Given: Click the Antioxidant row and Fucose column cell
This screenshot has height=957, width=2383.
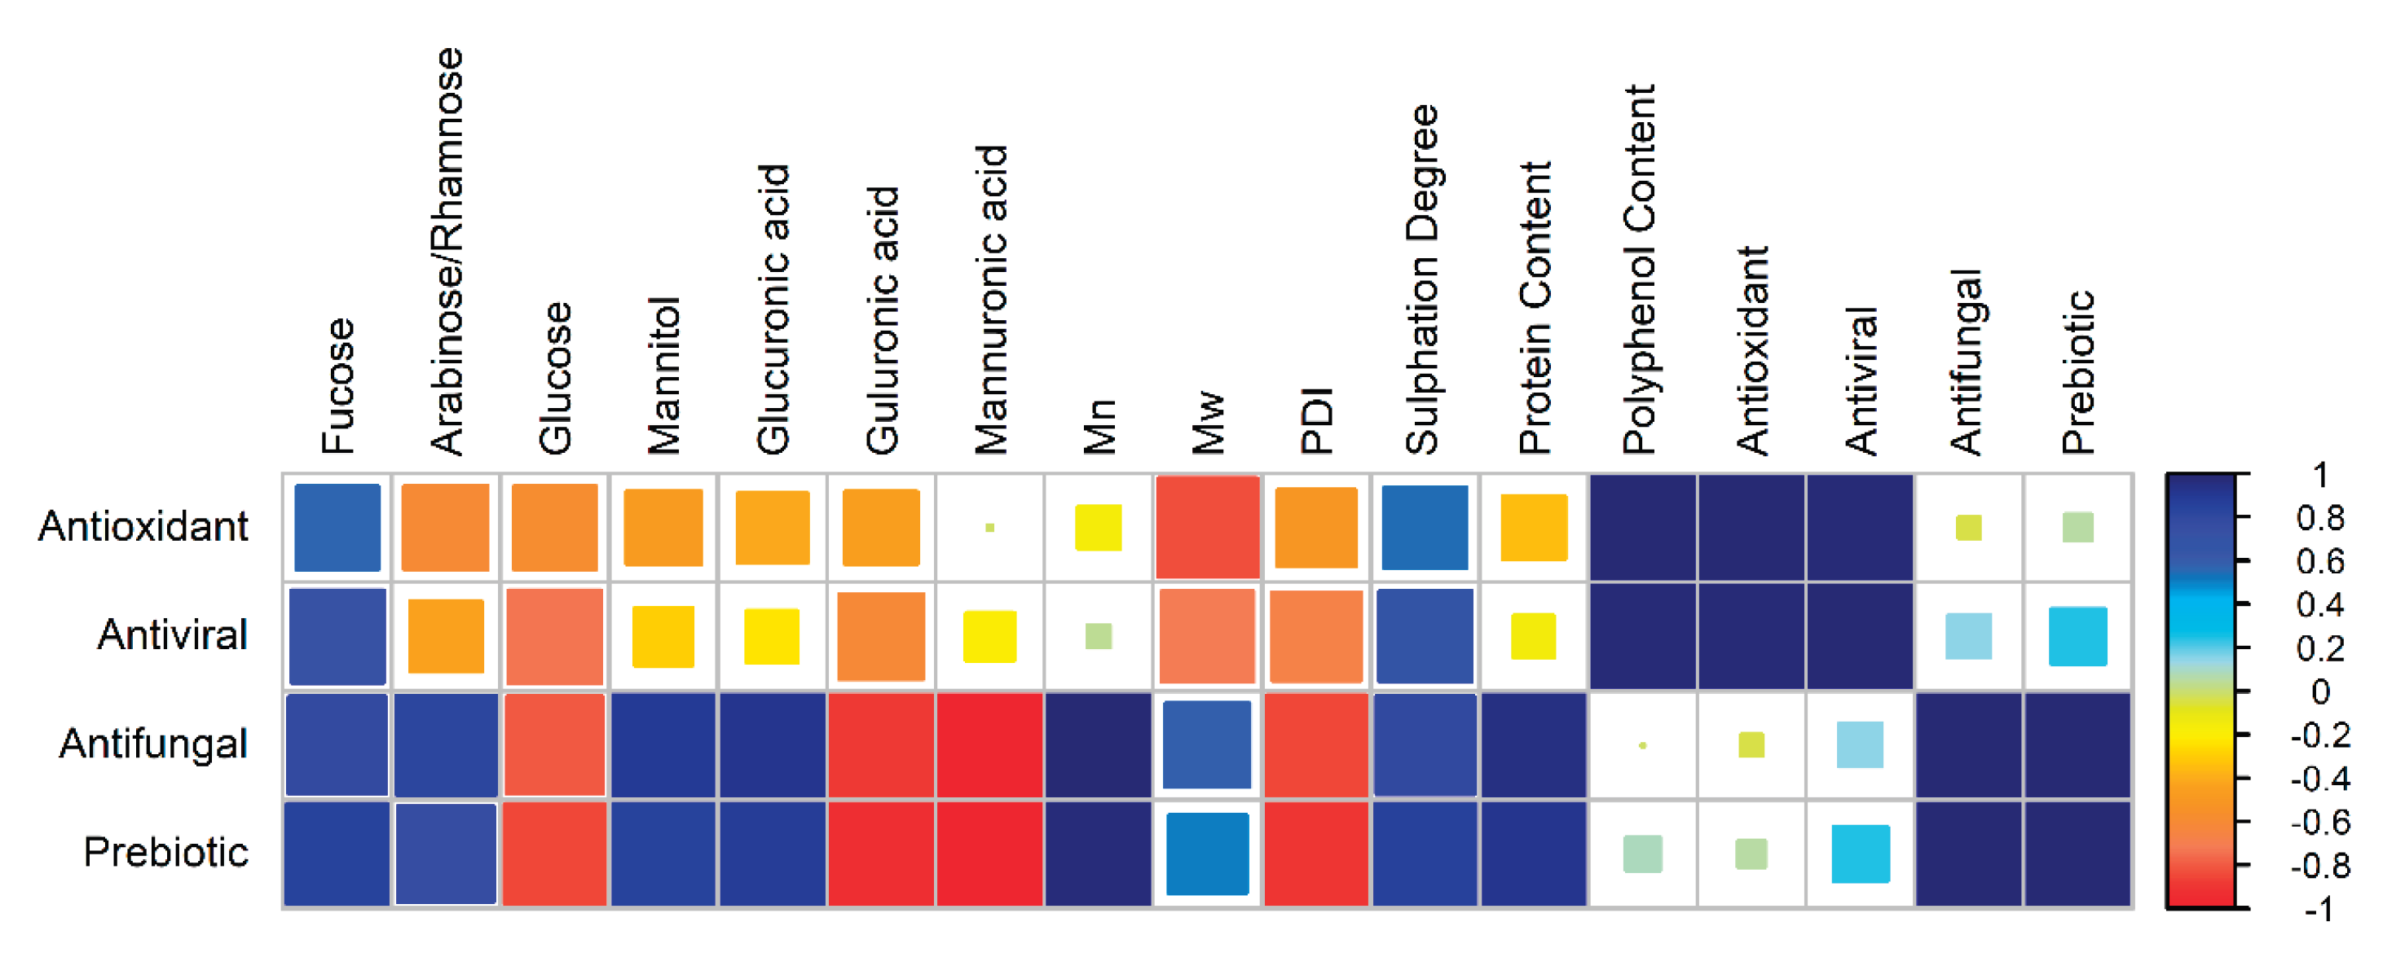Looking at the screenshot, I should pos(337,527).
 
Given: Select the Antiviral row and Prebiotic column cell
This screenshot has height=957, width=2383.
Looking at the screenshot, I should pos(2077,636).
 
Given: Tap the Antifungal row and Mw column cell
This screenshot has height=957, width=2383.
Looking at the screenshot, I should pos(1207,744).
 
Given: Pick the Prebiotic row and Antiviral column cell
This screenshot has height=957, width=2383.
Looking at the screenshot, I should pos(1861,854).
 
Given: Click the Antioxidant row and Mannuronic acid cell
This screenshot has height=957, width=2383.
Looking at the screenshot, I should pos(990,527).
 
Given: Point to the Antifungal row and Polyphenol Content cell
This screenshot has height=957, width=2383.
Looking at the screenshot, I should pos(1643,744).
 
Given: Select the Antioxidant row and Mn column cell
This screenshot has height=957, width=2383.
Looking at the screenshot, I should pos(1098,527).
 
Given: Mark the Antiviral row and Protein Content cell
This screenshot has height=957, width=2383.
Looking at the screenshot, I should pos(1534,636).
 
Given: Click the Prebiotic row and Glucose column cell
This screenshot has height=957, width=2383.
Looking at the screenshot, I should pos(554,854).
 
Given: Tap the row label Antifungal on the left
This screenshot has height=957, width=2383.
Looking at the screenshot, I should pos(153,744).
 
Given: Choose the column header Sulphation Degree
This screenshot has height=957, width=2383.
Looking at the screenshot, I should pos(1423,280).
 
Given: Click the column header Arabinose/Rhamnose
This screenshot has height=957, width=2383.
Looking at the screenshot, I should pos(447,252).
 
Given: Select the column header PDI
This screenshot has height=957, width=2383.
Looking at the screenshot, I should pos(1316,421).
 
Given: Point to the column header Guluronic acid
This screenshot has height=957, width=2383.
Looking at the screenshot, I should pos(883,320).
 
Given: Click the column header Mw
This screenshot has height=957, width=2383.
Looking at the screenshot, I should pos(1208,424).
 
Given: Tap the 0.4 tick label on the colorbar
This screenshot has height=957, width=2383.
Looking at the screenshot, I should pos(2320,604).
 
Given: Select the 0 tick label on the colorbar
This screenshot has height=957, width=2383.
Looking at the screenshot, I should pos(2320,691).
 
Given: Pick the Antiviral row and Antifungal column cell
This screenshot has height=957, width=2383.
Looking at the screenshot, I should pos(1968,636).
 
